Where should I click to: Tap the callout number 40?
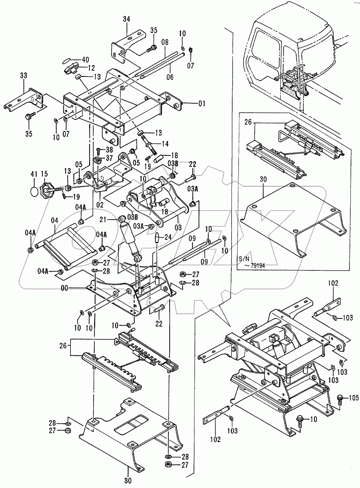[85, 59]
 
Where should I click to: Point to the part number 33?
[23, 76]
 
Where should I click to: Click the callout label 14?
[165, 144]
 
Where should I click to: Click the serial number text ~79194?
[253, 265]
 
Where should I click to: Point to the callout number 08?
[164, 42]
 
